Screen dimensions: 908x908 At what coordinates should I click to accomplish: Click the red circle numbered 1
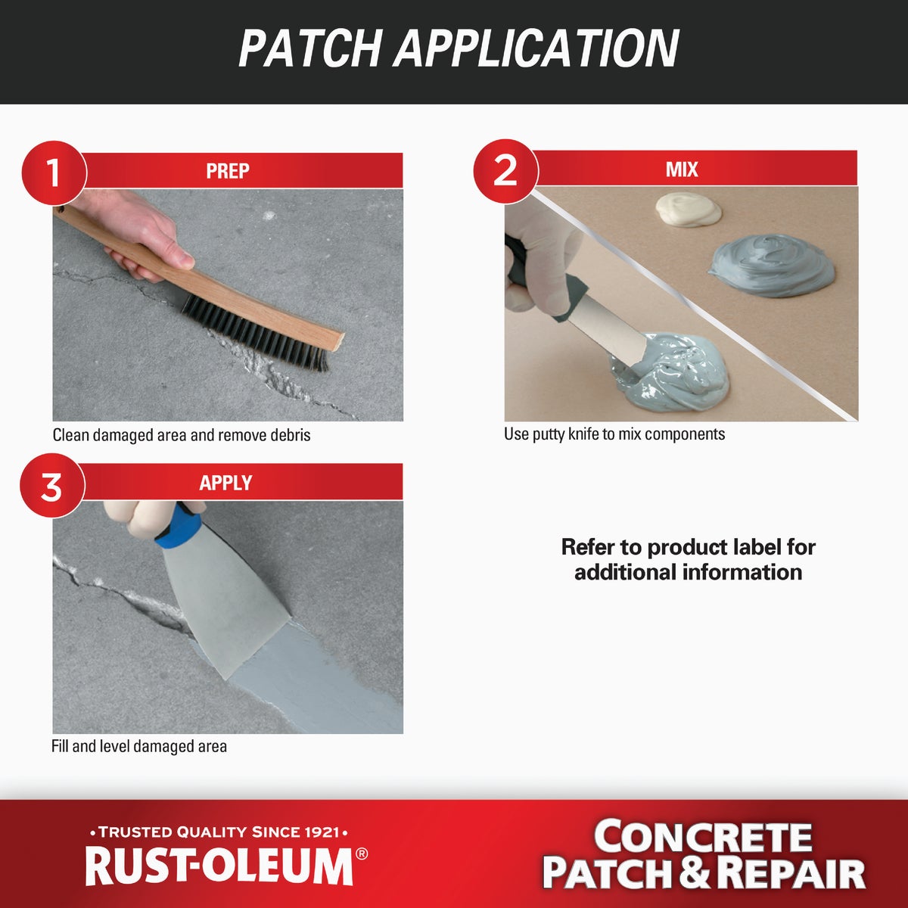coord(53,173)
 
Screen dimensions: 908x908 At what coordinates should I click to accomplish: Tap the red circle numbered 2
coord(505,170)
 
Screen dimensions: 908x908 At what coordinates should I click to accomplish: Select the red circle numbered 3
coord(51,486)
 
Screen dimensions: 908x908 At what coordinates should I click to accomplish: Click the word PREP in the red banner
coord(227,171)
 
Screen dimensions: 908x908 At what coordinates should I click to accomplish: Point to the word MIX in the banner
coord(681,169)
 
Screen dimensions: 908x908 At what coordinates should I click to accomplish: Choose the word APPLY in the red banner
coord(225,483)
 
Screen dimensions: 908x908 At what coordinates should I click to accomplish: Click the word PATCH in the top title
coord(310,49)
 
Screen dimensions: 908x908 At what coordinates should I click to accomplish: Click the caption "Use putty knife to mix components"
coord(614,434)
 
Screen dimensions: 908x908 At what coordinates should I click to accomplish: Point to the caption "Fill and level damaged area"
coord(139,747)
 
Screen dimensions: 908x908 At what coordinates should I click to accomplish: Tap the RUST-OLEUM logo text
coord(219,866)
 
